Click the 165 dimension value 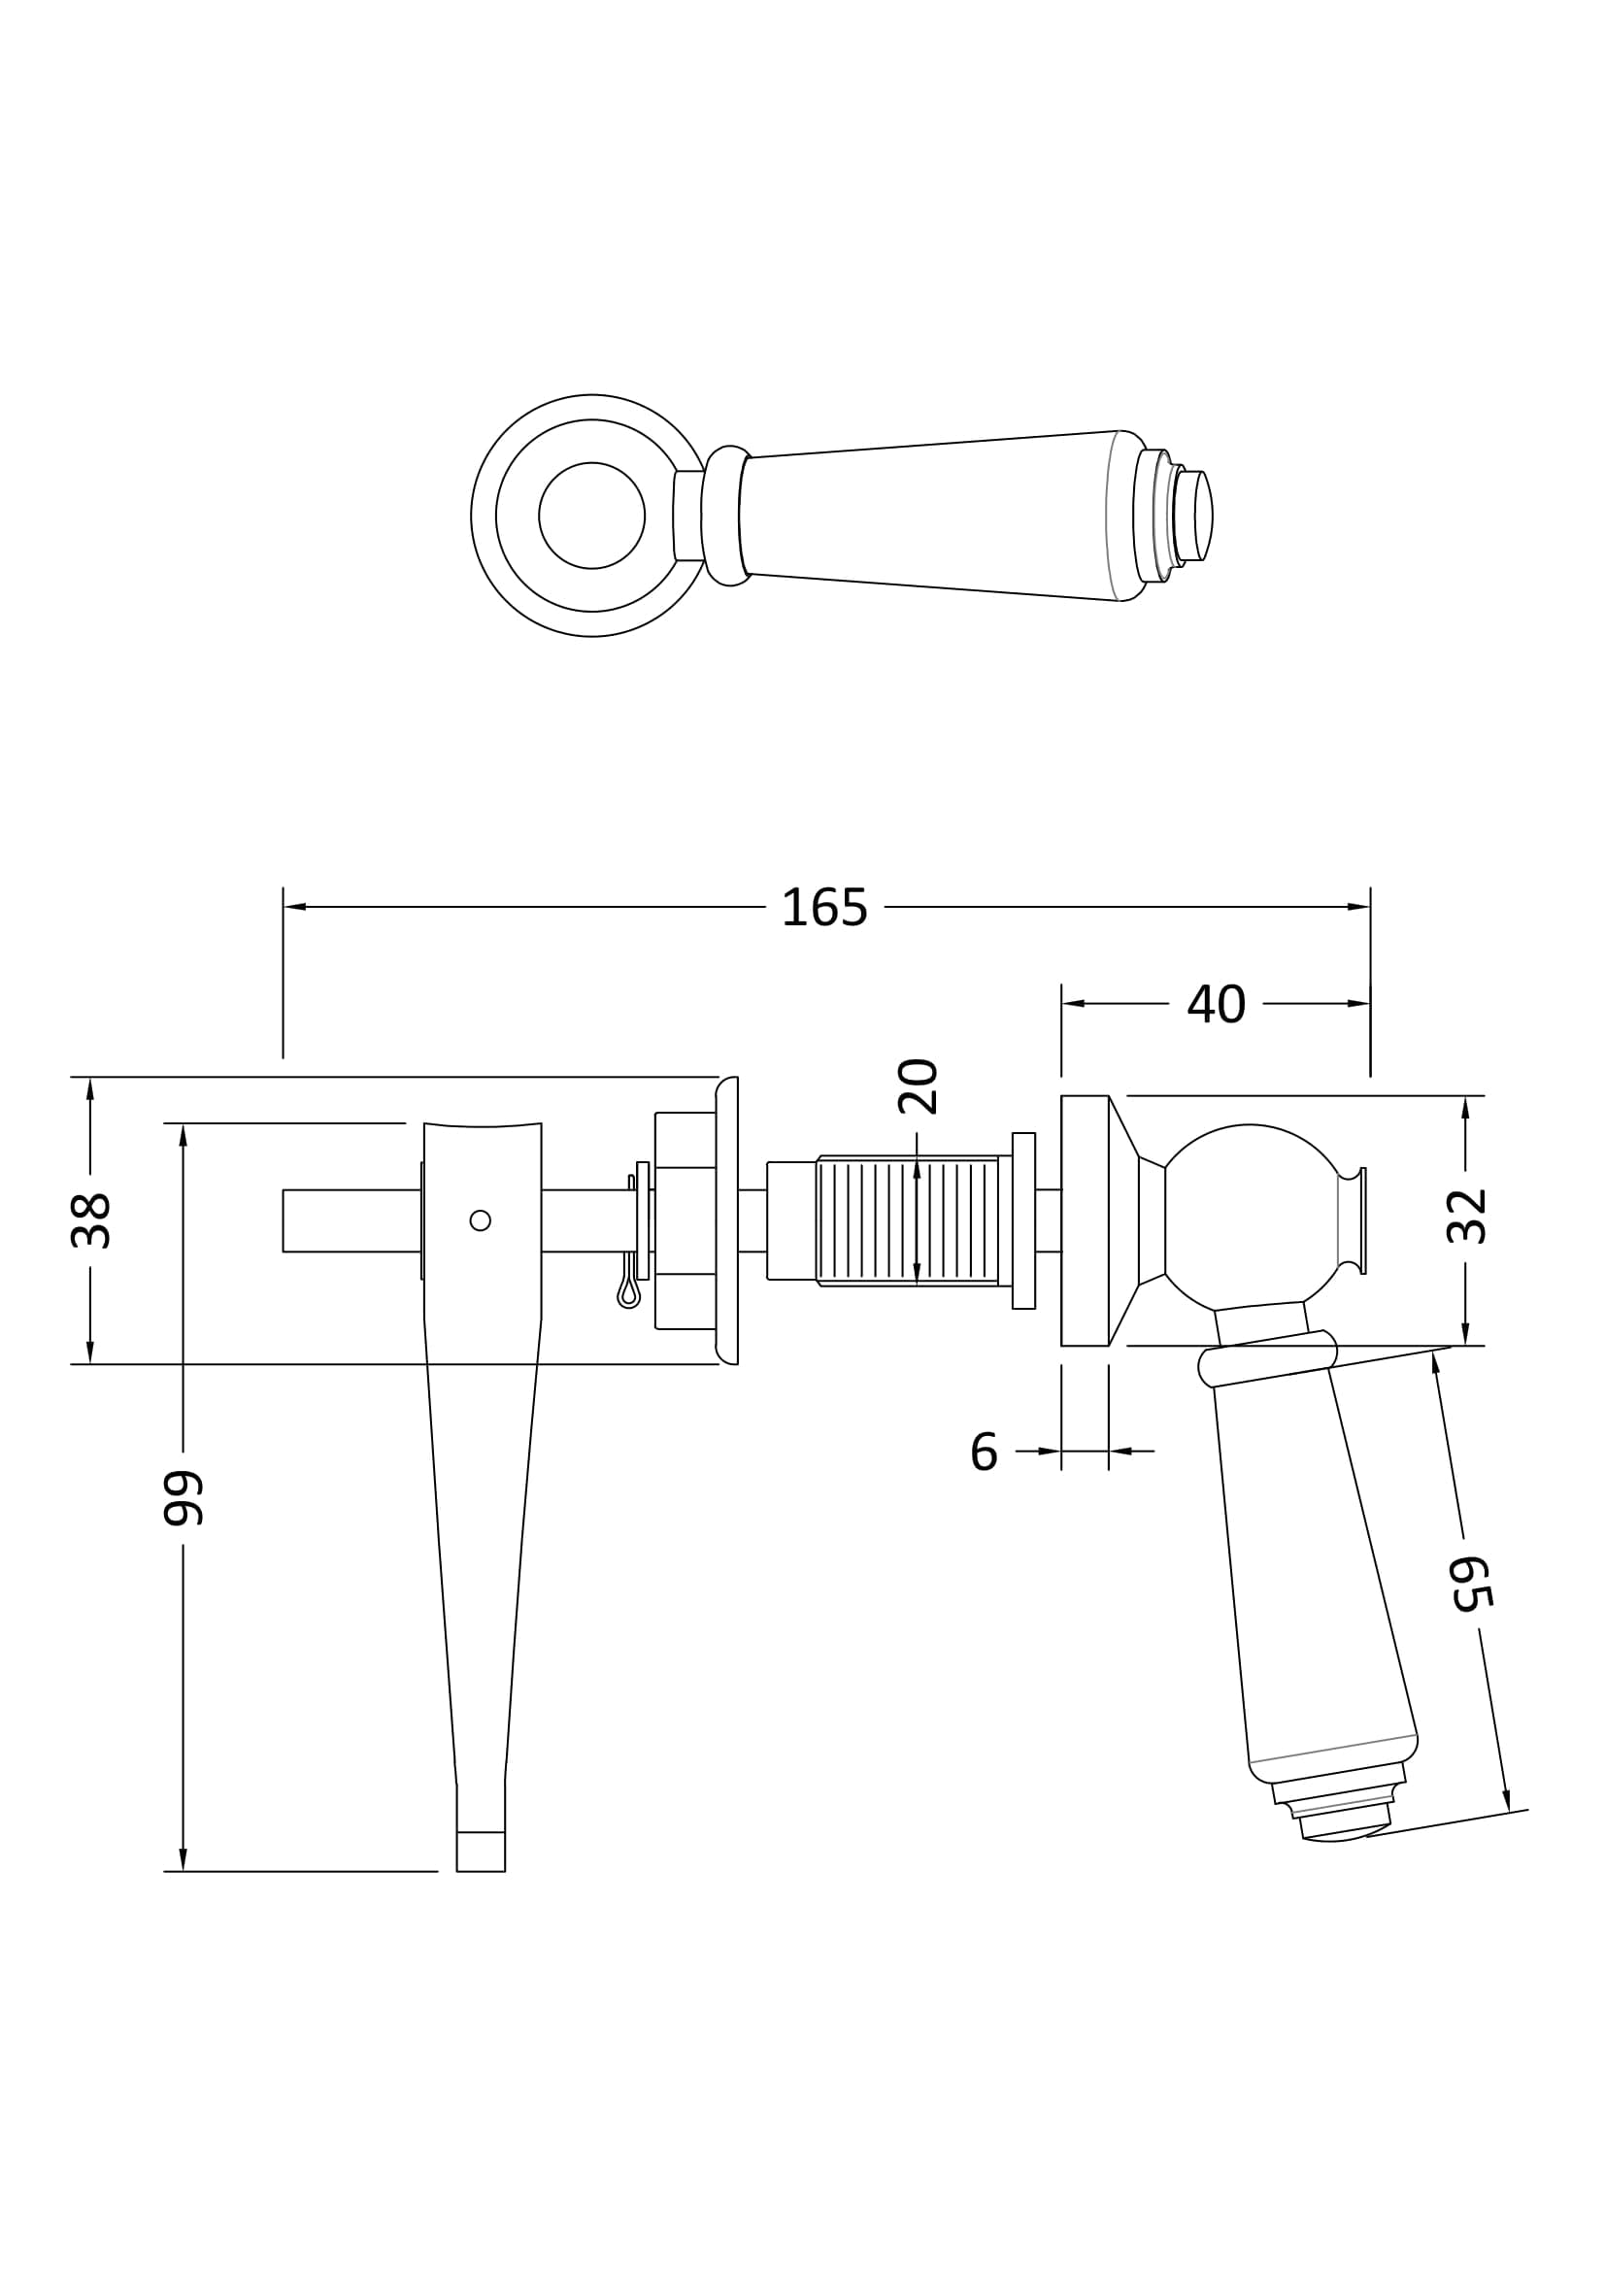point(823,907)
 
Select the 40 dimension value point(1216,1004)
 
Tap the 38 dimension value point(91,1220)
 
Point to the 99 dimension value point(183,1497)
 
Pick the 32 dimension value point(1466,1216)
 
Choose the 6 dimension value point(984,1451)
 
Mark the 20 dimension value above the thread point(918,1086)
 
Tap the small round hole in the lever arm point(481,1220)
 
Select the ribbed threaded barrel point(907,1220)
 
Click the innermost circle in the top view point(591,516)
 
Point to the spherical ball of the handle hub point(1250,1216)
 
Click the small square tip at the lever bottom point(481,1852)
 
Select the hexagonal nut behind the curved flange point(685,1220)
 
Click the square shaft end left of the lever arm point(351,1220)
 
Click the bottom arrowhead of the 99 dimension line point(183,1858)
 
